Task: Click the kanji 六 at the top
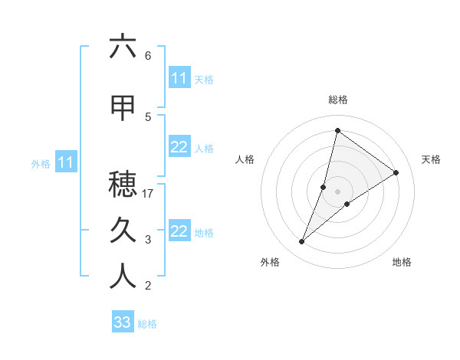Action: point(123,47)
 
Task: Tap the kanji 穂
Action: point(123,183)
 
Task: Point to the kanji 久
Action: point(123,229)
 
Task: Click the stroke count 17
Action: point(149,194)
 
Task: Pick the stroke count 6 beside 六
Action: point(148,56)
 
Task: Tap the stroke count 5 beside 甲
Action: point(148,116)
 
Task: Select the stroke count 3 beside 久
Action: point(148,240)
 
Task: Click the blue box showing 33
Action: point(123,322)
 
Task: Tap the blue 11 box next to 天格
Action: point(179,78)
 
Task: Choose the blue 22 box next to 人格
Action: point(179,147)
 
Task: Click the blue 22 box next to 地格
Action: point(179,231)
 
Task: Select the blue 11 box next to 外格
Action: point(66,162)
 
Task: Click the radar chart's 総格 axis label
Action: point(337,100)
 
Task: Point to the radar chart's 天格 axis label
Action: point(432,159)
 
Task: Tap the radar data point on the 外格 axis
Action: point(301,242)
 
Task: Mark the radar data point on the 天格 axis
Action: point(396,173)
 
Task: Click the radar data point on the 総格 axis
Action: point(337,130)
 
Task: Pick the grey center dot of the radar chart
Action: point(337,191)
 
